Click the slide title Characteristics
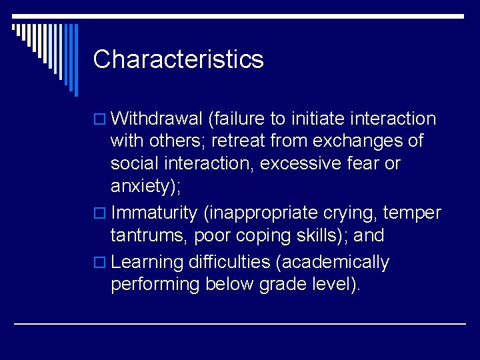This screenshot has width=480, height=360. click(x=178, y=59)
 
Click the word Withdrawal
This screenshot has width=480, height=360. click(x=157, y=119)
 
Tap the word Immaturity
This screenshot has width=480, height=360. click(x=155, y=213)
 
